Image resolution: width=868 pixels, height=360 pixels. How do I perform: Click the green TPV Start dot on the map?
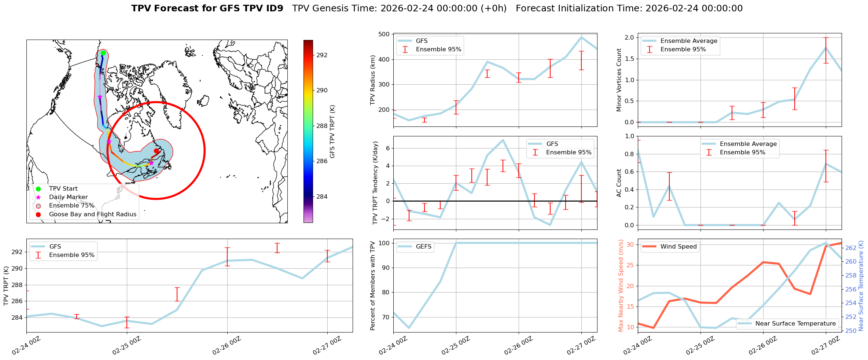[103, 53]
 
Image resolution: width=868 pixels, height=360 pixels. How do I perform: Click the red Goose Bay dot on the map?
[156, 151]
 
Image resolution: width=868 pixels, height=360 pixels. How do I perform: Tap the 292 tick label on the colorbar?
[322, 55]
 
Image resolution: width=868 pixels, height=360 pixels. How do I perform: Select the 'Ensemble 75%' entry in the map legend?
[71, 206]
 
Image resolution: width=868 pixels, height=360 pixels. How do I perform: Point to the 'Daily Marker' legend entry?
[68, 197]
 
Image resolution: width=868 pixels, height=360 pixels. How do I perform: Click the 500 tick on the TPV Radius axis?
[384, 34]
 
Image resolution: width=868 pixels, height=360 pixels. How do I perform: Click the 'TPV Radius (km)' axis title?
[373, 80]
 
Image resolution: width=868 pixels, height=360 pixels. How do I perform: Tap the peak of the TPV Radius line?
[581, 37]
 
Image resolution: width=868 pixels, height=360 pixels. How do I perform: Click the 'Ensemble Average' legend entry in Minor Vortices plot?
[688, 41]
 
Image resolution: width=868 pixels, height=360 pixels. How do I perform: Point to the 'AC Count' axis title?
[619, 183]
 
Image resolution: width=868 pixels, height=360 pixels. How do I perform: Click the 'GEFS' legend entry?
[423, 247]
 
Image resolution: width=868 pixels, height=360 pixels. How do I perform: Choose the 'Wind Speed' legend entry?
[678, 247]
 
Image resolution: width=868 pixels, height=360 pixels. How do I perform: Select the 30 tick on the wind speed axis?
[630, 245]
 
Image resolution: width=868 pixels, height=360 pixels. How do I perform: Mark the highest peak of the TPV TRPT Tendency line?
[503, 140]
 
